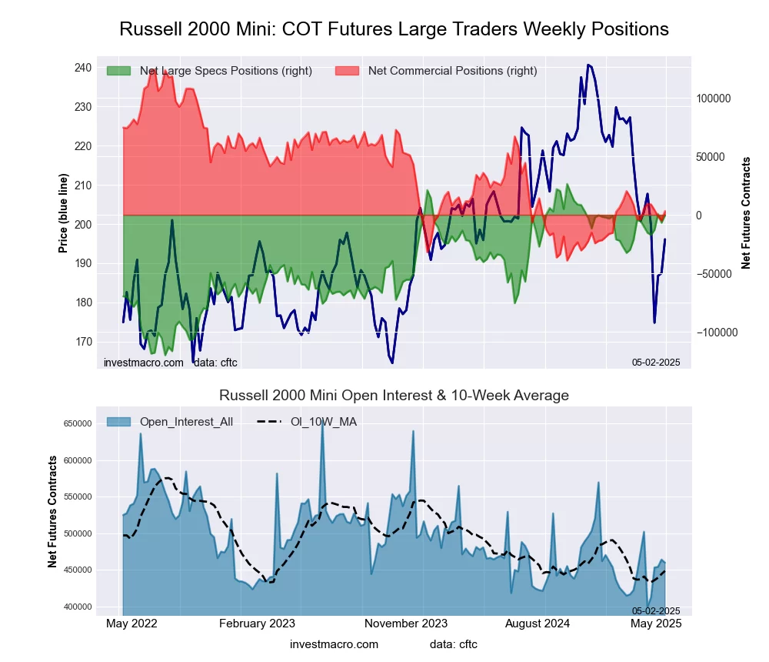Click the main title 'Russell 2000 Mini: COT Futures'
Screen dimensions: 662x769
[394, 29]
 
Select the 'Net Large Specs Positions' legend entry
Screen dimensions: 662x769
[225, 71]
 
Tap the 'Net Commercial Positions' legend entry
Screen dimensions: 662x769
[452, 71]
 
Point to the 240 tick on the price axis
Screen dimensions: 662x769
[83, 68]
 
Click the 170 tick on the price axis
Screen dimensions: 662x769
[83, 342]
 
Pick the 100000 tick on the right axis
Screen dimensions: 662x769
[714, 99]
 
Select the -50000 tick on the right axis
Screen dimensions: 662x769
[714, 274]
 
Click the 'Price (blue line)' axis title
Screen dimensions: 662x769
[63, 213]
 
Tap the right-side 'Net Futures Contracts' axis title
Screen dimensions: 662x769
[746, 213]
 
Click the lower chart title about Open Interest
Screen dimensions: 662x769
[394, 396]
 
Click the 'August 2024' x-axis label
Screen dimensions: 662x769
[544, 624]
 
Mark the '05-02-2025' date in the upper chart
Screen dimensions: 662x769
[656, 362]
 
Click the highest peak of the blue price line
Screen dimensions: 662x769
[588, 65]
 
